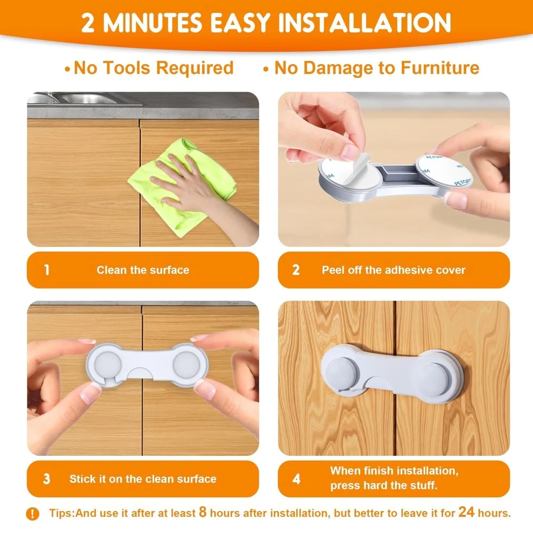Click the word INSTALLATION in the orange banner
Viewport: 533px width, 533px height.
tap(365, 22)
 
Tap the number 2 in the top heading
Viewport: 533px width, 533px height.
tap(88, 23)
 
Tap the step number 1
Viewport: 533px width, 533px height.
tap(46, 270)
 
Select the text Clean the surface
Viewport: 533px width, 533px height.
tap(143, 270)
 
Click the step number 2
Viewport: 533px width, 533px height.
tap(296, 270)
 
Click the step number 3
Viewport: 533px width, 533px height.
tap(46, 479)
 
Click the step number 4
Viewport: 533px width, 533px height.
tap(296, 479)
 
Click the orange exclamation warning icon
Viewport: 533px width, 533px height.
tap(33, 513)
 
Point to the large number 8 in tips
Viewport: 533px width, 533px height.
tap(203, 512)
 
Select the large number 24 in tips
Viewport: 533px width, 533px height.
tap(466, 512)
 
